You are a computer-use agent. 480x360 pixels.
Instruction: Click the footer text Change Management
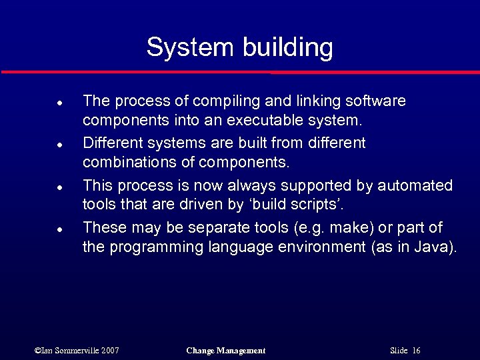[226, 351]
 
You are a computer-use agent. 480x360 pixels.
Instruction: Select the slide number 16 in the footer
[416, 351]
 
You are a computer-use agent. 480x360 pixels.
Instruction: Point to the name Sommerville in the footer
[79, 351]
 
